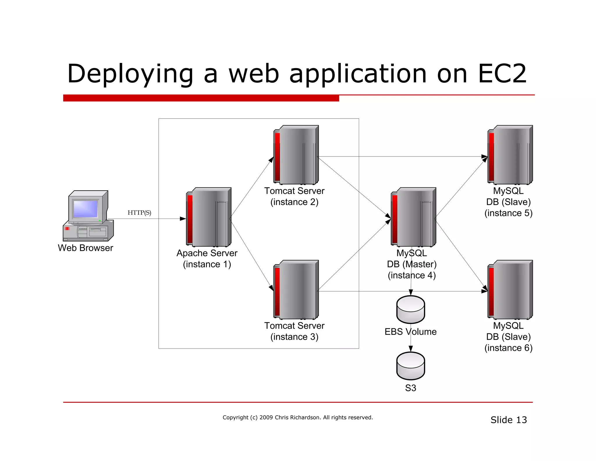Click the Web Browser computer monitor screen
coord(85,209)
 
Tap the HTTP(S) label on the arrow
coord(139,212)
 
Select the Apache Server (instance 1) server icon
coord(209,217)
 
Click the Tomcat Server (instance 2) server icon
coord(296,155)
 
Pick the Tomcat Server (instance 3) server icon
coord(296,290)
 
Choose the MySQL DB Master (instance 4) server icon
coord(413,217)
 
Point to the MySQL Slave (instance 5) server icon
coord(510,155)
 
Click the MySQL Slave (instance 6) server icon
coord(510,290)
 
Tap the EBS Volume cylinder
coord(411,309)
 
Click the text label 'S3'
coord(411,388)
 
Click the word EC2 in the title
coord(502,74)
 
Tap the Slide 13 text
coord(508,420)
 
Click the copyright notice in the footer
coord(298,417)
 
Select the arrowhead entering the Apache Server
coord(183,219)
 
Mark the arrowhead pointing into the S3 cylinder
coord(411,349)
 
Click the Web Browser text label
coord(85,248)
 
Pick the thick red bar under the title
coord(201,98)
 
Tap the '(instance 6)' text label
coord(508,348)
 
